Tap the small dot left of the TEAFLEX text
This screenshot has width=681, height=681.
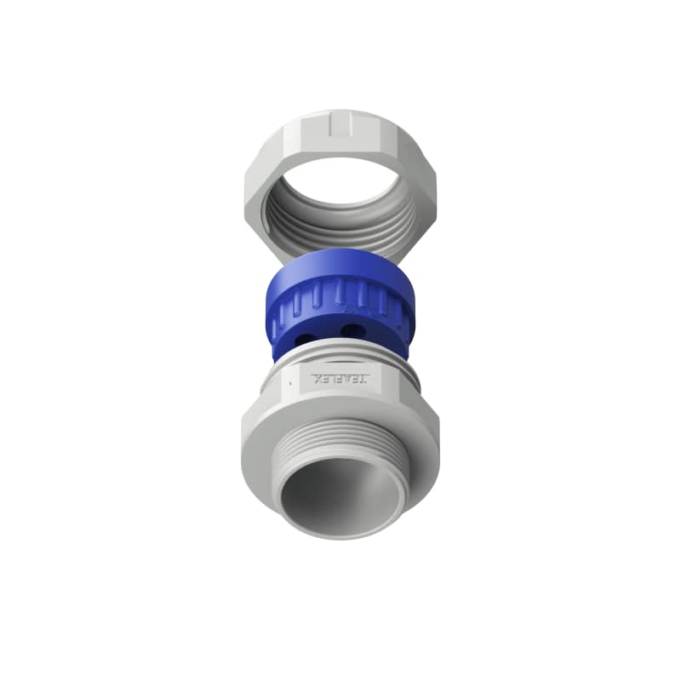click(x=290, y=384)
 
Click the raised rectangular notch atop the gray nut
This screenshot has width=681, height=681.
click(x=340, y=126)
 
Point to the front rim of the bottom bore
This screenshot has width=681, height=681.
click(x=340, y=535)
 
